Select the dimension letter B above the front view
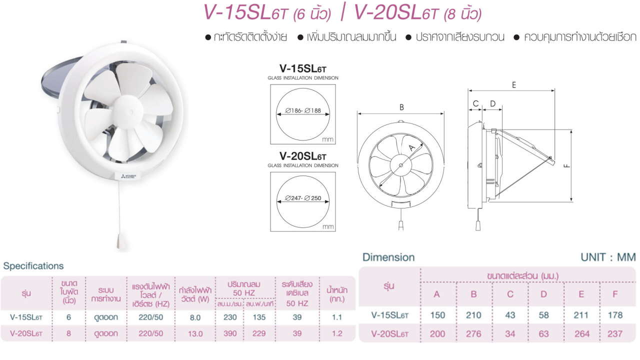(401, 107)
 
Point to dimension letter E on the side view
(513, 85)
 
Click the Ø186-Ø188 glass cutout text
(303, 110)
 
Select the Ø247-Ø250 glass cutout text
(303, 198)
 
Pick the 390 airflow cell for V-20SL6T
(229, 333)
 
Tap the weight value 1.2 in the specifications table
(336, 333)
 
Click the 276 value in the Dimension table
(473, 333)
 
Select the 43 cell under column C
(509, 315)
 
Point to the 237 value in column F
(615, 333)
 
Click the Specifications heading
(33, 266)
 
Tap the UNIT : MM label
(608, 257)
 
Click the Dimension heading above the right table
(388, 257)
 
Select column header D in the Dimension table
(543, 294)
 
